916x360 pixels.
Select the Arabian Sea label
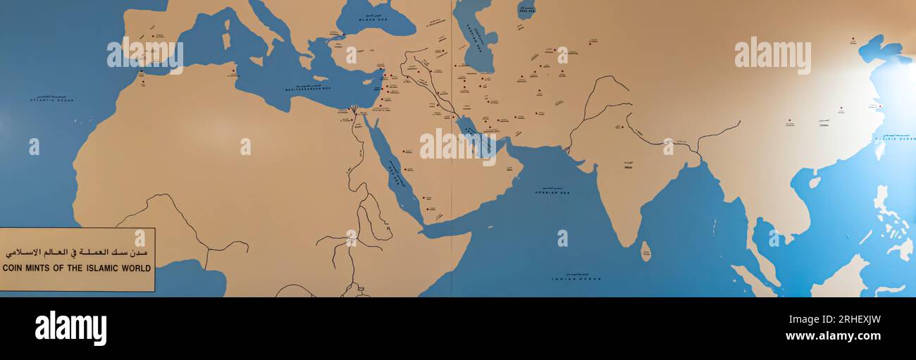[552, 191]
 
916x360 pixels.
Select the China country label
[824, 124]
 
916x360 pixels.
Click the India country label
[628, 168]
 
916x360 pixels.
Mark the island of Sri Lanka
[645, 252]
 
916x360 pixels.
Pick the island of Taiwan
[879, 150]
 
